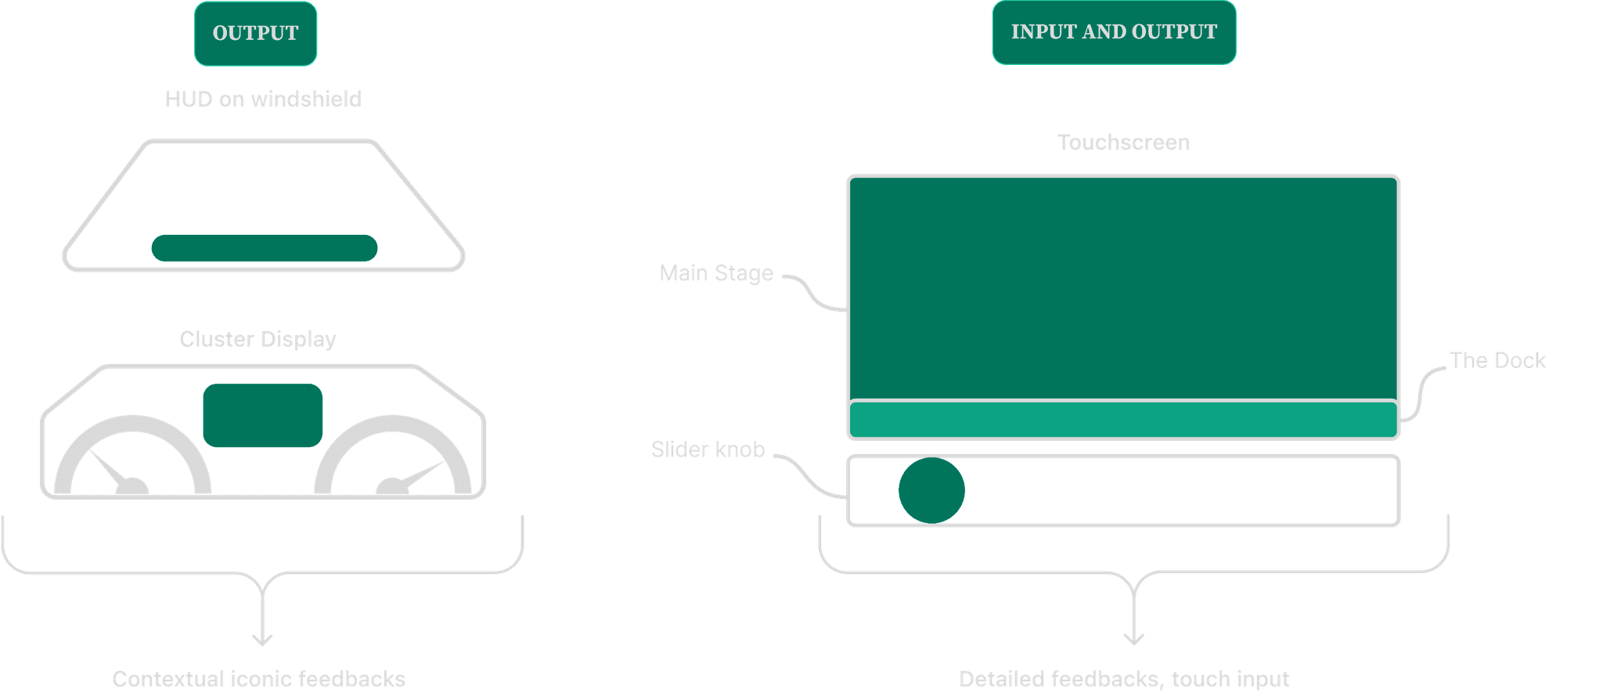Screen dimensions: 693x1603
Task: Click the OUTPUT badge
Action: [255, 33]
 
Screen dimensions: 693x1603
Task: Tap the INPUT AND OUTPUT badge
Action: [1113, 32]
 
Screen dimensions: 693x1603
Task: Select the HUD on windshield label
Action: [263, 99]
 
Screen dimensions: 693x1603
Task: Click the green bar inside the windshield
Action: [265, 248]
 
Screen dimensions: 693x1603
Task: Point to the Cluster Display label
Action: [258, 339]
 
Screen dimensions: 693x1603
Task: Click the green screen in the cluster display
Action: [263, 415]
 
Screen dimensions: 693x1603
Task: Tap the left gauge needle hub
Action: [132, 488]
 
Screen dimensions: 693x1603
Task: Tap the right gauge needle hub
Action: [391, 488]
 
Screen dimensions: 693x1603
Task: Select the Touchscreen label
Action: [1123, 143]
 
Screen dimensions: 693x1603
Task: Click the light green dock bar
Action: [1123, 420]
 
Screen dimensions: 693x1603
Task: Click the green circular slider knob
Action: [931, 491]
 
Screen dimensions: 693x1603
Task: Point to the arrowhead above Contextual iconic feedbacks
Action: [262, 640]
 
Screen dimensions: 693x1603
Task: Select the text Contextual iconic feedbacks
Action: [258, 679]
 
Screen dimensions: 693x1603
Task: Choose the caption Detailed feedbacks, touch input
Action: [1124, 679]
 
